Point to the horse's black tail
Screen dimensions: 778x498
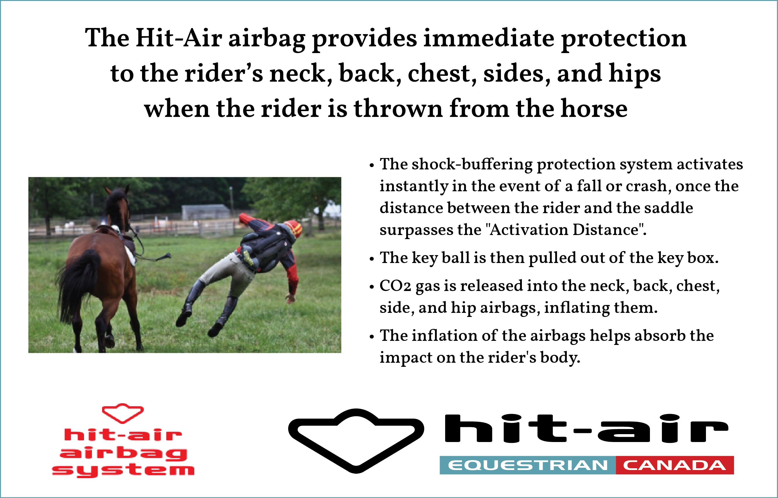pos(79,285)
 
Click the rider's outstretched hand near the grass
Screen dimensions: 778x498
pos(290,298)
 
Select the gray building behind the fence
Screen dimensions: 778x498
pos(206,212)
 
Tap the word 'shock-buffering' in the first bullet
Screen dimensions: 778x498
pos(472,164)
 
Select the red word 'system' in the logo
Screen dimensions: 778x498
pos(123,470)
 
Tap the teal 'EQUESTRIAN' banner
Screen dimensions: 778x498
pos(528,465)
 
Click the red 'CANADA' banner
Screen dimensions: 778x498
pos(675,465)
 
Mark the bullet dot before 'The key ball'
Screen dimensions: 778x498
pos(372,259)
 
